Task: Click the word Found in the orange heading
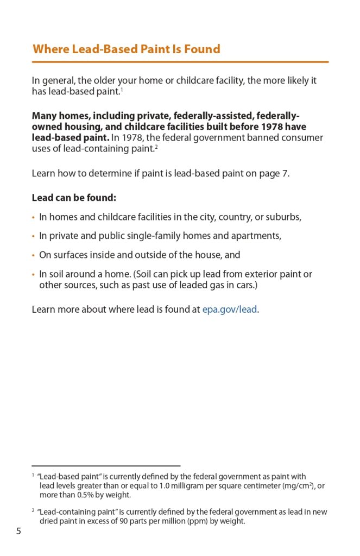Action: [201, 49]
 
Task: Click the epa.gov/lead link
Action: [230, 310]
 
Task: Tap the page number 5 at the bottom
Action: [18, 531]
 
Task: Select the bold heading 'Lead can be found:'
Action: [74, 198]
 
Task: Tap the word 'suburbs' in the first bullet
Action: [282, 217]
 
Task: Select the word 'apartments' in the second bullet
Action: [255, 236]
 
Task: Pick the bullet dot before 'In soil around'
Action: [33, 275]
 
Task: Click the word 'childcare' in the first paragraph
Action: [200, 80]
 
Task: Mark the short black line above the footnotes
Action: [106, 465]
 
